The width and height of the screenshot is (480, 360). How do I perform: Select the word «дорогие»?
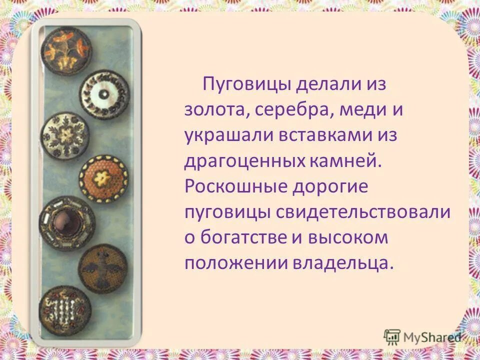(x=331, y=186)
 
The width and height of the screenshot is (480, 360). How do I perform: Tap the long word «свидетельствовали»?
(x=363, y=212)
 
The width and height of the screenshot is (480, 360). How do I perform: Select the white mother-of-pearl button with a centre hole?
(x=104, y=93)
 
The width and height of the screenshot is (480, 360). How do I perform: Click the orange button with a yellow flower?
(x=103, y=178)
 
